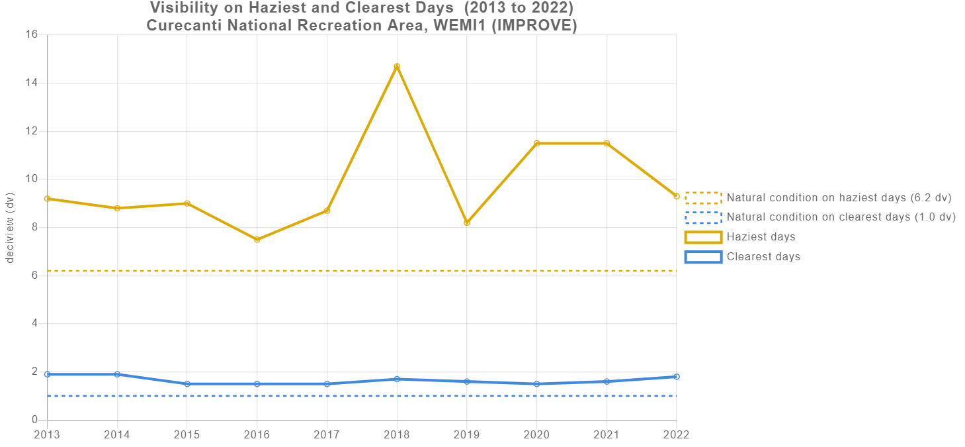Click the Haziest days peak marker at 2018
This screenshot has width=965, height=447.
click(397, 66)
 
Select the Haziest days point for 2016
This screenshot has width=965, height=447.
click(257, 239)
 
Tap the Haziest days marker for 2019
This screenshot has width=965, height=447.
click(467, 223)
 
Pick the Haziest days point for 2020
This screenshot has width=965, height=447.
click(536, 143)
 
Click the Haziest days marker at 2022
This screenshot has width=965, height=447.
click(676, 196)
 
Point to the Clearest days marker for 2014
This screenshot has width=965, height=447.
click(117, 374)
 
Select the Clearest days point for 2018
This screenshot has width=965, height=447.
click(397, 379)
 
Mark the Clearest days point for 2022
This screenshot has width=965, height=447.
click(676, 377)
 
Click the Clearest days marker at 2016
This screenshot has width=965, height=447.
click(257, 383)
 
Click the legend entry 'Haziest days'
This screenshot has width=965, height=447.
click(761, 237)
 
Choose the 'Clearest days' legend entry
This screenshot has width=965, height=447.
click(763, 257)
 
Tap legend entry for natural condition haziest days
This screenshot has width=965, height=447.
click(838, 197)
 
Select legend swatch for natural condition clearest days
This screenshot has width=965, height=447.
click(703, 217)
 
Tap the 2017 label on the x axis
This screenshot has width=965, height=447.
click(327, 434)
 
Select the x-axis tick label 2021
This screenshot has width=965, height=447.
click(607, 434)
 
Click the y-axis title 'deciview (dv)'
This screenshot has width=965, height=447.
click(10, 227)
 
